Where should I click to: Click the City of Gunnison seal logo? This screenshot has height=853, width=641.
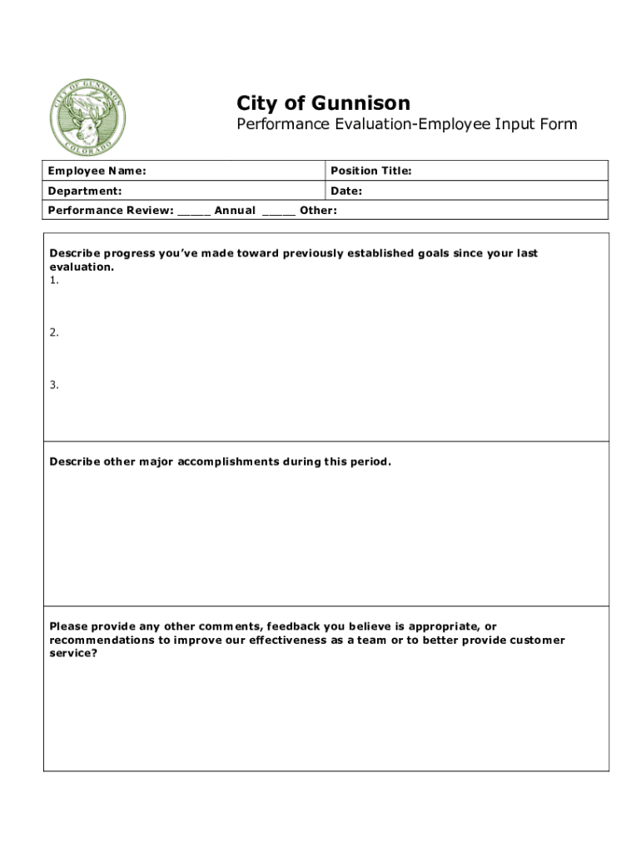[88, 118]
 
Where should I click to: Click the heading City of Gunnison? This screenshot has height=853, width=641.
[323, 103]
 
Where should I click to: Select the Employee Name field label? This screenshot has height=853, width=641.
[97, 171]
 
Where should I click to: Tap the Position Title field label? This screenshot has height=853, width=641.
[370, 171]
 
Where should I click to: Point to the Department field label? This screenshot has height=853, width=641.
[85, 191]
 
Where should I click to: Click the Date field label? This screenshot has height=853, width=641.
[345, 191]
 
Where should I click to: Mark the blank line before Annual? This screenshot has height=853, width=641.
[194, 212]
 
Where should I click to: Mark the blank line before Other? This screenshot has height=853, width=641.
[279, 212]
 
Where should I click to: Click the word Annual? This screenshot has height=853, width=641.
[235, 210]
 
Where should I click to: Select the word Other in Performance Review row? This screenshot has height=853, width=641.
[318, 210]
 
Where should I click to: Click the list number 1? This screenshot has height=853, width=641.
[54, 281]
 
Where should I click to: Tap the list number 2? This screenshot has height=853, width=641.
[54, 332]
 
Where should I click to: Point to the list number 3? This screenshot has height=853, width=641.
[54, 385]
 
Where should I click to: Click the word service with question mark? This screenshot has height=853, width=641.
[73, 654]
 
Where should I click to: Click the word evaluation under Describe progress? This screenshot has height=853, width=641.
[82, 267]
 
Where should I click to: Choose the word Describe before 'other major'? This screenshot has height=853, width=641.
[75, 461]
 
